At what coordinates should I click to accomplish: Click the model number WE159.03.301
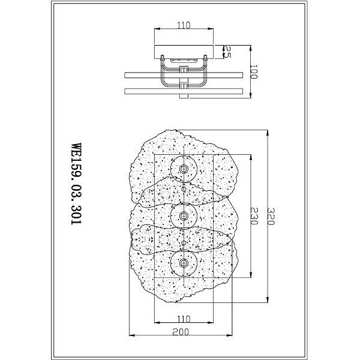click(76, 184)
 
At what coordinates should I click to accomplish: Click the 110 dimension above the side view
click(184, 25)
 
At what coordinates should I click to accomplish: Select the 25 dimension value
click(227, 52)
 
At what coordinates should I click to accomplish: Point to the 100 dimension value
click(253, 71)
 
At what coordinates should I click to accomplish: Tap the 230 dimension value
click(254, 216)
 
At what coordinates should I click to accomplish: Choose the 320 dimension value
click(271, 217)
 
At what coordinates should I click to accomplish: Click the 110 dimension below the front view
click(184, 319)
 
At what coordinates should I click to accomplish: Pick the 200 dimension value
click(181, 332)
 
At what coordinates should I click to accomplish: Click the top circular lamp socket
click(184, 169)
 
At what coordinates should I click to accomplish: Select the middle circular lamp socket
click(184, 216)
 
